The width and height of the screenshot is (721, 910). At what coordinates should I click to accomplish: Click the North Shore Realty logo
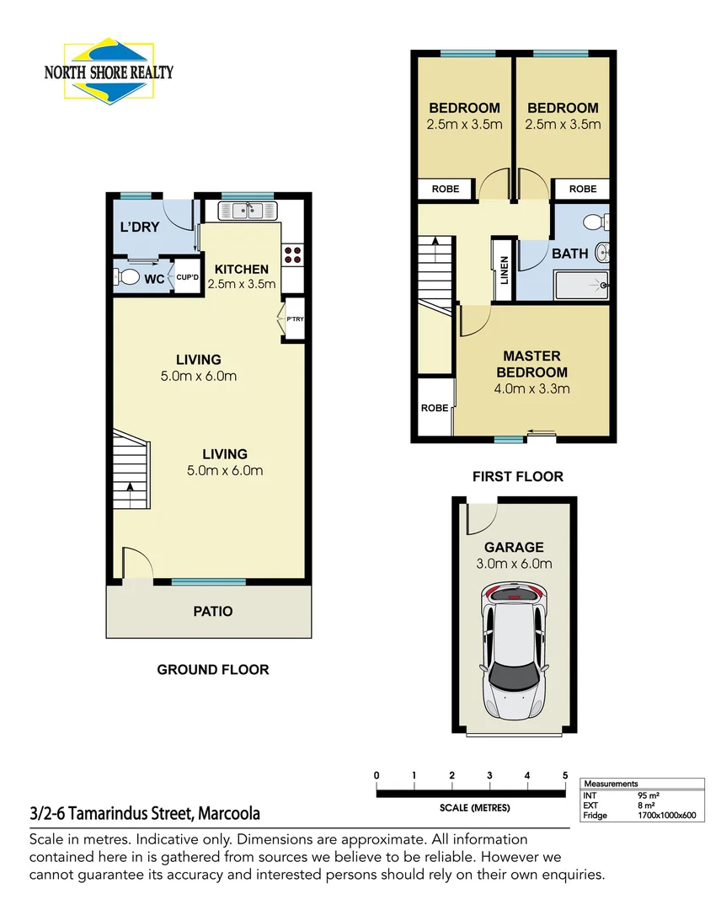coord(108,70)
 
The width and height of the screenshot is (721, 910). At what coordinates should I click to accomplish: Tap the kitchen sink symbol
coord(248,210)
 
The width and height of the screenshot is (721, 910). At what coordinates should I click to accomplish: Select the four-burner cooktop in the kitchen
coord(292,255)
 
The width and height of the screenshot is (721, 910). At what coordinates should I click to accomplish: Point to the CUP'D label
coord(186,277)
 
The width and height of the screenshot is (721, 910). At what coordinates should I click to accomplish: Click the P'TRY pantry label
coord(295,319)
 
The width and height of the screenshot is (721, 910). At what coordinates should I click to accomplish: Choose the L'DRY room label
coord(139,227)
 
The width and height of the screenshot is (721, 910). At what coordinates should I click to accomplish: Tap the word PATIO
coord(212,611)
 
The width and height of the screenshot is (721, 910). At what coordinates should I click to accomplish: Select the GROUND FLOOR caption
coord(213,670)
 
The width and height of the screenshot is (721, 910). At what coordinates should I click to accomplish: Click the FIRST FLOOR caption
coord(517,477)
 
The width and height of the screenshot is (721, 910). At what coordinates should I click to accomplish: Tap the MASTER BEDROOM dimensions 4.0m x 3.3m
coord(531,388)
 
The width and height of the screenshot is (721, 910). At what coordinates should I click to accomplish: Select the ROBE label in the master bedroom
coord(435,408)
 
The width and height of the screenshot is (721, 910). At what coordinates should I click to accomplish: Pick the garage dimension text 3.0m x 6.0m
coord(513,564)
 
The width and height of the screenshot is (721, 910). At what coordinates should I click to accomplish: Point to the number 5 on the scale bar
coord(564,776)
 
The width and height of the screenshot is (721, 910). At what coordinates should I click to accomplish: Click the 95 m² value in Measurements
coord(648,795)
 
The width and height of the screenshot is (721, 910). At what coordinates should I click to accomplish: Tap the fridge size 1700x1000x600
coord(666,815)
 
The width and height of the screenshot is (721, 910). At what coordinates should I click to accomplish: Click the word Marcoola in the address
coord(229,814)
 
